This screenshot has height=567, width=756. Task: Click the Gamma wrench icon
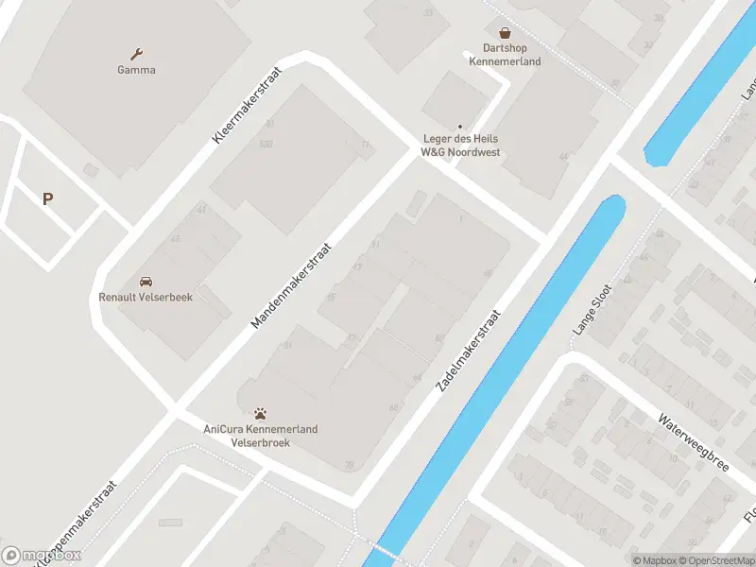[137, 53]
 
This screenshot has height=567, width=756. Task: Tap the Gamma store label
[137, 70]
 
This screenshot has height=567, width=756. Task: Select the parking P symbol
[47, 198]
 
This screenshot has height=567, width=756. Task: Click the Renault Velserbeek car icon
[146, 282]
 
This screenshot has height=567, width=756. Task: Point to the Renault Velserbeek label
[146, 297]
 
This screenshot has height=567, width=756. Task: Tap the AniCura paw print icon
[261, 413]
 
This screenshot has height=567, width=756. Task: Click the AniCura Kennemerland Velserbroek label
[261, 436]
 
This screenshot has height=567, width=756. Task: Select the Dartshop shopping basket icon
[505, 32]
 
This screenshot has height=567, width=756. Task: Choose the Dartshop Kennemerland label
[505, 55]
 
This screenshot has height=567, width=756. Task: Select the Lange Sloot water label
[593, 310]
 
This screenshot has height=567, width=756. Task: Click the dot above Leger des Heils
[460, 127]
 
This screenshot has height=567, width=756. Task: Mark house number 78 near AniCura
[350, 464]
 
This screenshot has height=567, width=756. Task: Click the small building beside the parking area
[91, 170]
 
